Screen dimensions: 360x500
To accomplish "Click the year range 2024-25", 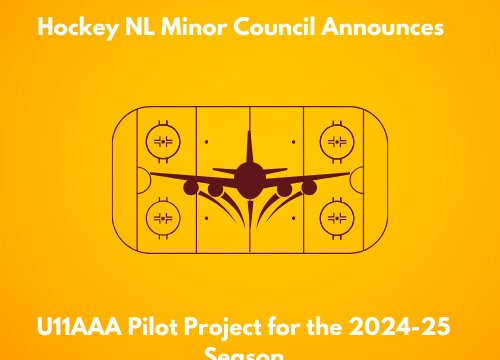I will coord(405,328).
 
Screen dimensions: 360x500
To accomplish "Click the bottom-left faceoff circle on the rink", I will coord(162,216).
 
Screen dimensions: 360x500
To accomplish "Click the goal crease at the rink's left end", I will coord(143,179).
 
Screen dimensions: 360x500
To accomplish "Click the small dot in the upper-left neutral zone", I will coord(206,142).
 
